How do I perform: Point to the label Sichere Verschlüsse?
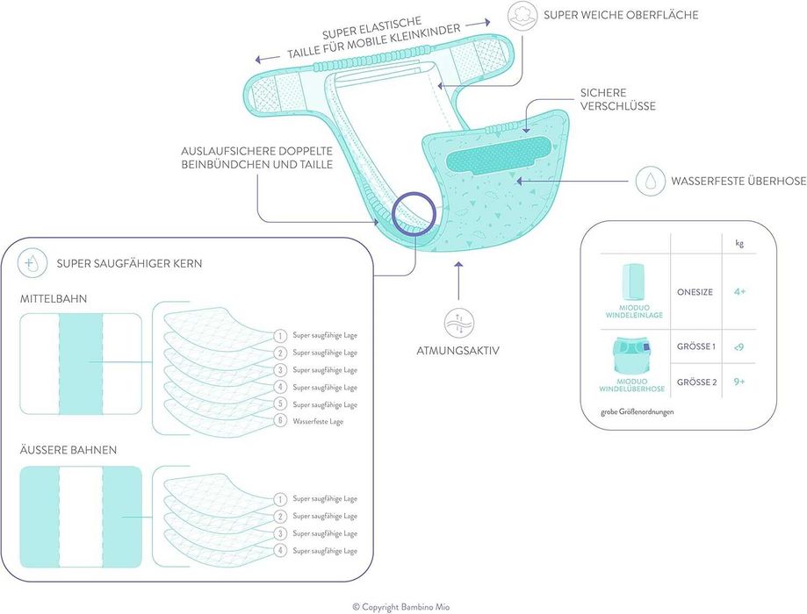(617, 99)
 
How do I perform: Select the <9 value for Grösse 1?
(739, 346)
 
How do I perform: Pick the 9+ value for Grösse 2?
(739, 382)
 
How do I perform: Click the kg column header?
(739, 243)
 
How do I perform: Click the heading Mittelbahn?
(54, 299)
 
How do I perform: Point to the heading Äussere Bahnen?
(68, 451)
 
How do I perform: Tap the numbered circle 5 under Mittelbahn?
(280, 404)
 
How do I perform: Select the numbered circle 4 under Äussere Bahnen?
(280, 551)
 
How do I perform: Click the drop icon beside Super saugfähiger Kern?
(33, 261)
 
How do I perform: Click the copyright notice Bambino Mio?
(404, 605)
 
